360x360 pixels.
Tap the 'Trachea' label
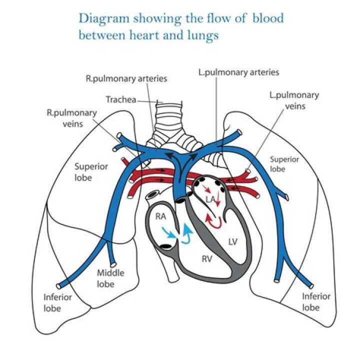pos(120,99)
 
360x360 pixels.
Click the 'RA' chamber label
pos(160,216)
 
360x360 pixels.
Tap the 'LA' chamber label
pos(211,199)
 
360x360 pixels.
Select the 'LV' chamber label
pos(232,241)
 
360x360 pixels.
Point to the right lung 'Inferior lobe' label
pos(57,302)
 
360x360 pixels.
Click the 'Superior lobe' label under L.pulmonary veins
pos(284,164)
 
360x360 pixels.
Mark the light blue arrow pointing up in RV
pos(188,233)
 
